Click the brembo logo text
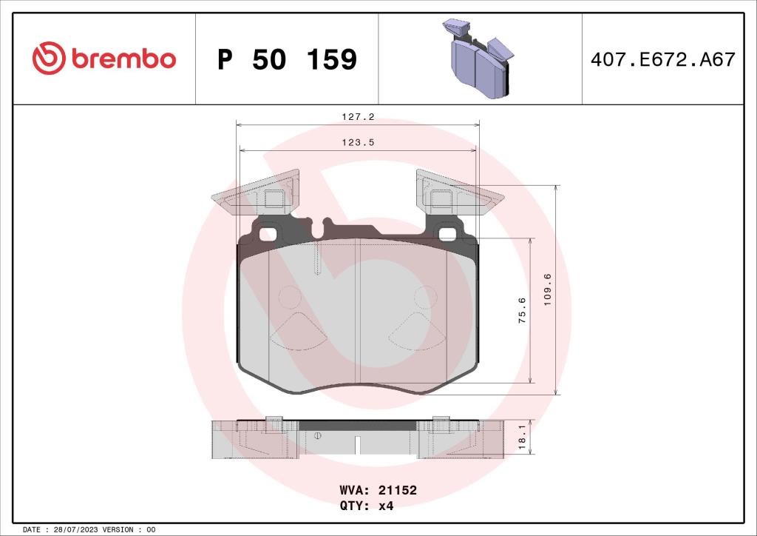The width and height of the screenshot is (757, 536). [x=123, y=59]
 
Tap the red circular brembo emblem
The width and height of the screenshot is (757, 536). [x=50, y=58]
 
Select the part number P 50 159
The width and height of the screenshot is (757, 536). [x=287, y=59]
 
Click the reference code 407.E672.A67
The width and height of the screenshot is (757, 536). [x=663, y=59]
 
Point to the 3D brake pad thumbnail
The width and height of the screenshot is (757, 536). [x=479, y=59]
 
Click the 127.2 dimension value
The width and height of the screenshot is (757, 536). [x=357, y=116]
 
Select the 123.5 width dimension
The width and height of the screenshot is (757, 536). [x=357, y=144]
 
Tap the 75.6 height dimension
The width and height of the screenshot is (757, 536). [x=522, y=311]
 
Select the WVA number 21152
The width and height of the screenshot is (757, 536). [x=398, y=491]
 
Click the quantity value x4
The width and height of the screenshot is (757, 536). [x=385, y=506]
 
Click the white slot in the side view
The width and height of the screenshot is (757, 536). [x=356, y=446]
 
